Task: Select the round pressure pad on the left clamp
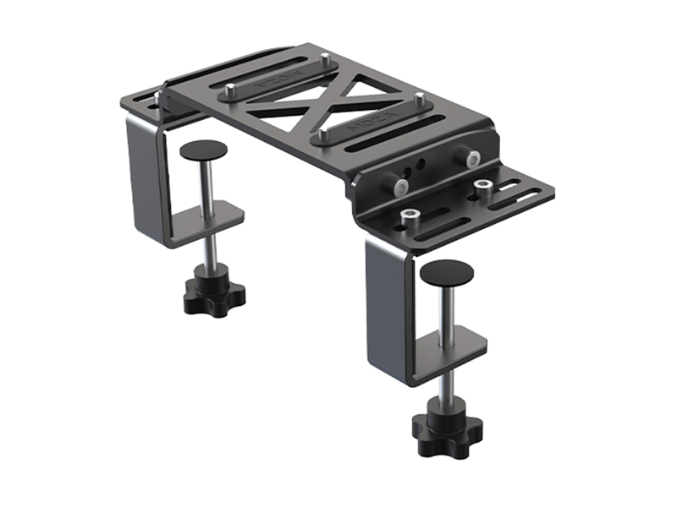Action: click(203, 151)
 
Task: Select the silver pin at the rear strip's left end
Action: click(230, 90)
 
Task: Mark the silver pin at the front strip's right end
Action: click(418, 99)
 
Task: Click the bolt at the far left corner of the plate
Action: click(157, 97)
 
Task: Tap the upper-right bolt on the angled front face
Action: click(472, 159)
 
